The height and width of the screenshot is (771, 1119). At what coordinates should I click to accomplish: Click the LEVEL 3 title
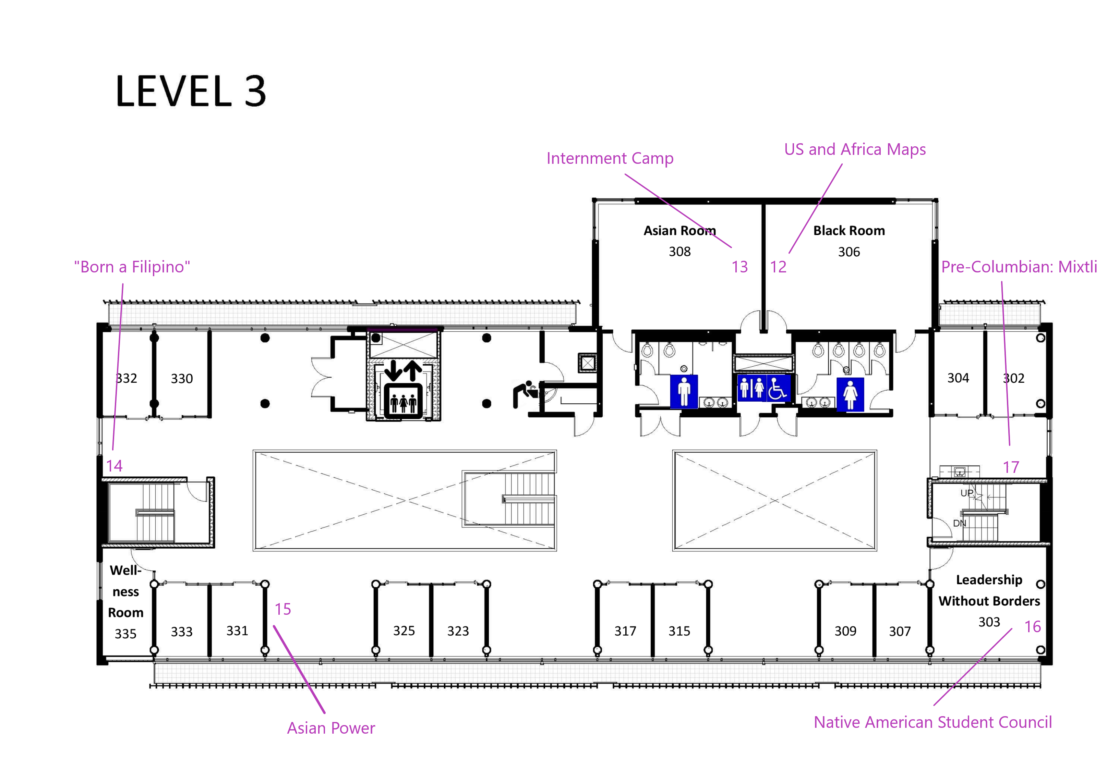[x=191, y=91]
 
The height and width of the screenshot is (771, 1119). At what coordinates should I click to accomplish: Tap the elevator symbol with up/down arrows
[x=403, y=389]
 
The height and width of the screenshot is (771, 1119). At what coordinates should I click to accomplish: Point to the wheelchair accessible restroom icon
[x=777, y=388]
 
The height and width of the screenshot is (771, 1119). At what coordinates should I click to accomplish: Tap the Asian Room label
[x=679, y=230]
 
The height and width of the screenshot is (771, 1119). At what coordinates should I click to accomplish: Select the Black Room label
[x=849, y=230]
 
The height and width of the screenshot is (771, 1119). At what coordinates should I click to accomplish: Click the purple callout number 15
[x=283, y=609]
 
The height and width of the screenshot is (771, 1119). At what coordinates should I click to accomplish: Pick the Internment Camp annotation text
[x=610, y=158]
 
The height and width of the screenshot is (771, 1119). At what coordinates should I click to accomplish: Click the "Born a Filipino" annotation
[x=132, y=267]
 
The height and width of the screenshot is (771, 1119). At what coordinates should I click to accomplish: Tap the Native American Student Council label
[x=933, y=722]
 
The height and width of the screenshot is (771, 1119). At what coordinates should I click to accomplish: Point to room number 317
[x=625, y=631]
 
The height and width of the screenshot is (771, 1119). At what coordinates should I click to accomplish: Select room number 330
[x=182, y=378]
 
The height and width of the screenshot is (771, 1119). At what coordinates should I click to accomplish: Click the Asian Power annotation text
[x=331, y=728]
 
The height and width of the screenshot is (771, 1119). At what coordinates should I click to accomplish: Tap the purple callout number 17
[x=1011, y=467]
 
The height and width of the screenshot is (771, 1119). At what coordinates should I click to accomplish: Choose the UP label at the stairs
[x=967, y=493]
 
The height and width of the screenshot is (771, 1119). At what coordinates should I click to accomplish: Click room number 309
[x=845, y=631]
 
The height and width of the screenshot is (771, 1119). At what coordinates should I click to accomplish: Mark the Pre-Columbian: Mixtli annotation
[x=1019, y=267]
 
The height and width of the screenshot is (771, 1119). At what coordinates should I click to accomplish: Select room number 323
[x=458, y=631]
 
